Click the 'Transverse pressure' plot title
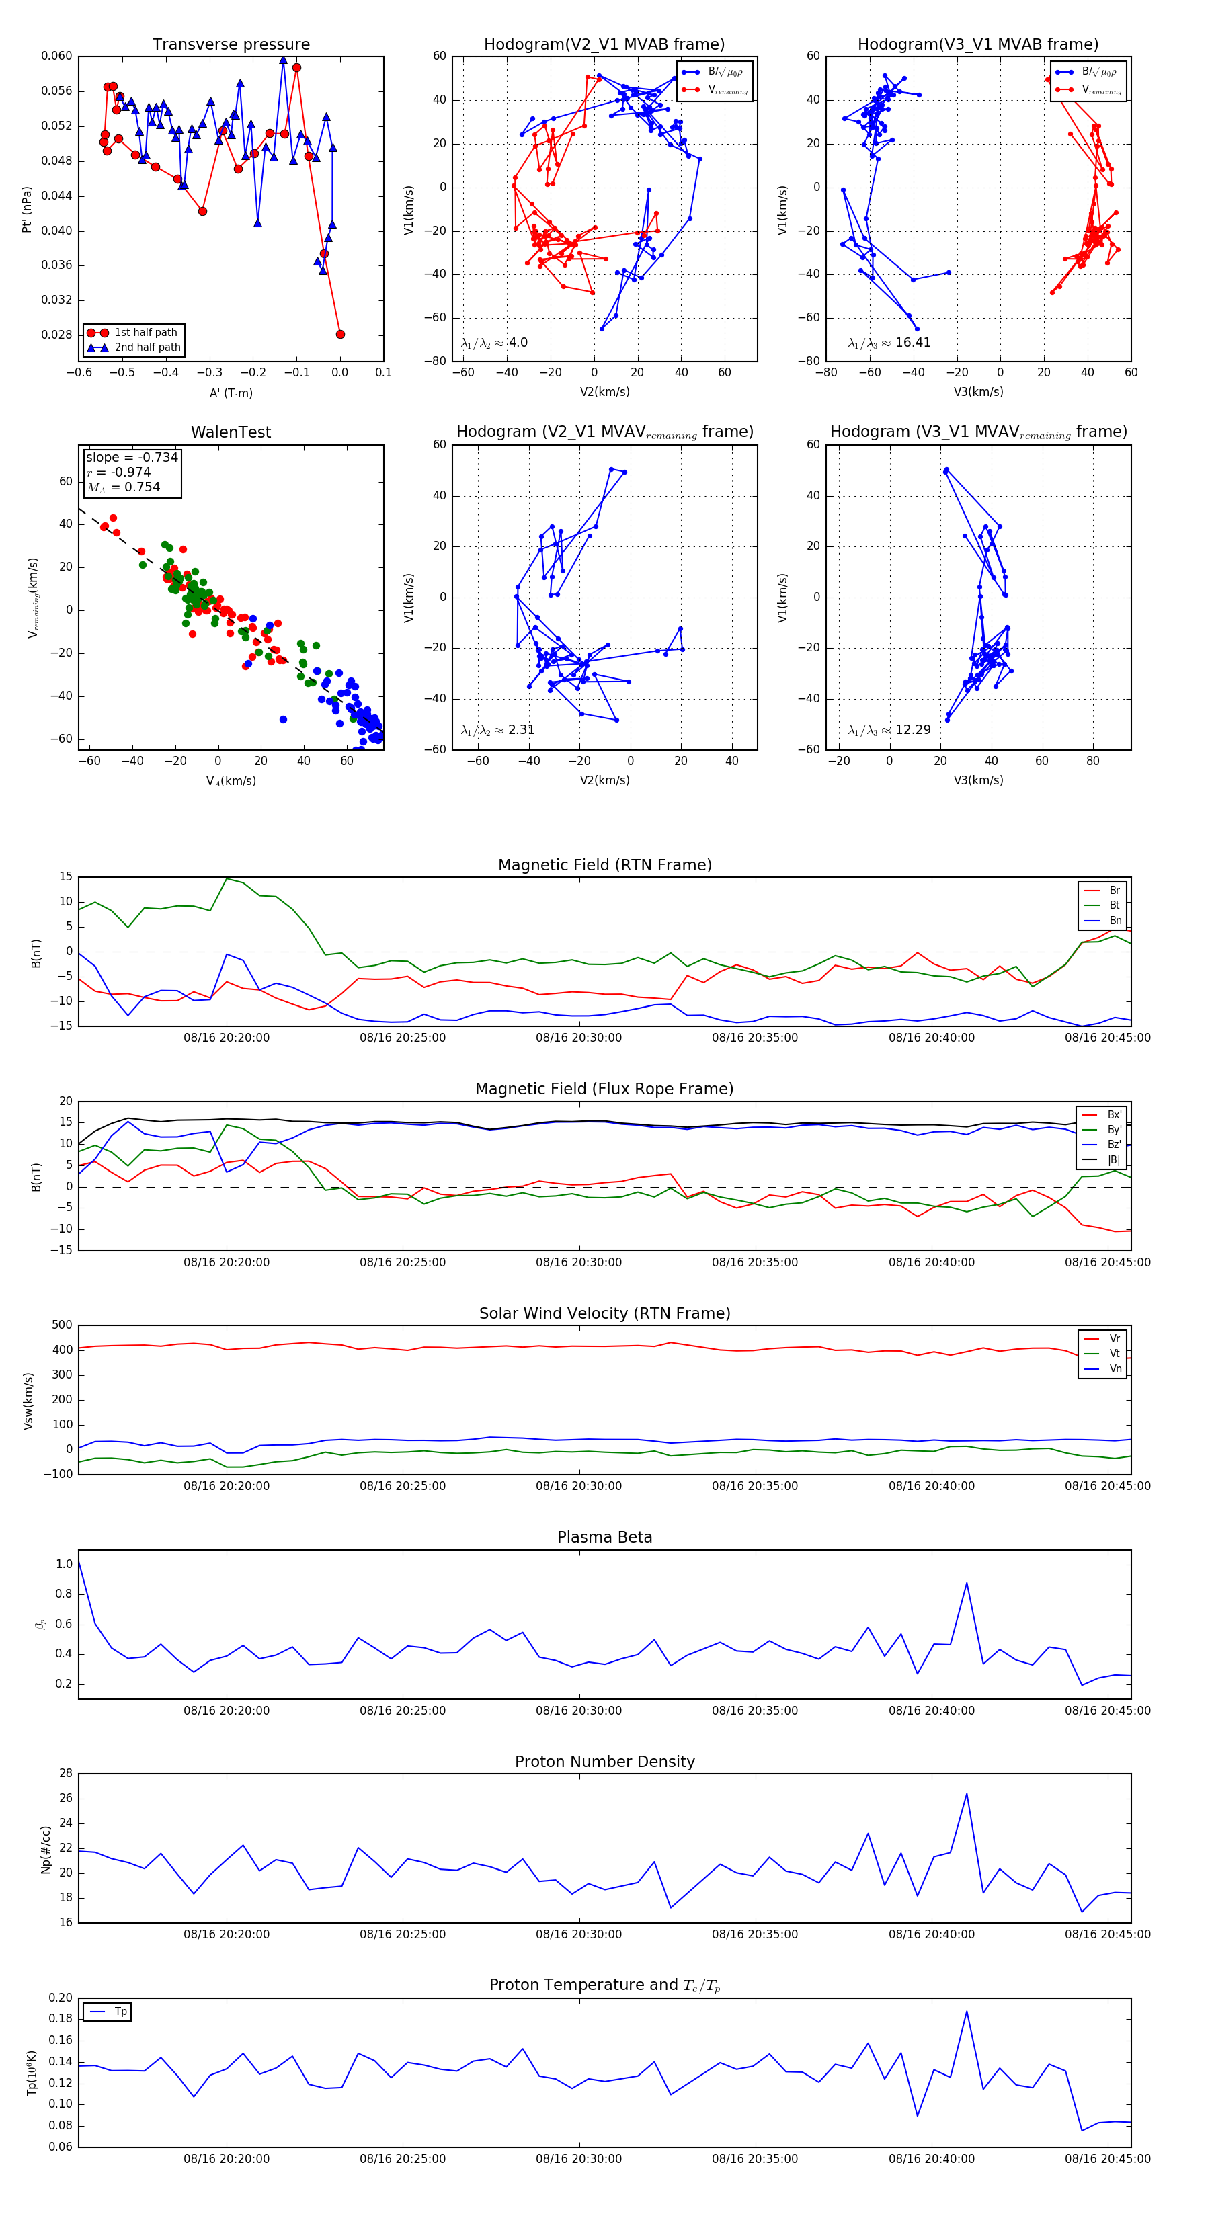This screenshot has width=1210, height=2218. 231,45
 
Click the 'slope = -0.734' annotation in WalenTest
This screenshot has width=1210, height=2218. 132,457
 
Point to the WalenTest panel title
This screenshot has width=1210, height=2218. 231,432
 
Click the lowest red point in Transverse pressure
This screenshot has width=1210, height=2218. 340,334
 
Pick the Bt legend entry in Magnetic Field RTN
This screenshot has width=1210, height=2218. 1114,905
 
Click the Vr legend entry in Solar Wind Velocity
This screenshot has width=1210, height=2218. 1115,1338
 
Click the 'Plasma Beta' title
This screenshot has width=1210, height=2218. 604,1537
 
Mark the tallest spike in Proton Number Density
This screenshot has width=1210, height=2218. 966,1793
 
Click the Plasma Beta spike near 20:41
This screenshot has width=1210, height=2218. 966,1583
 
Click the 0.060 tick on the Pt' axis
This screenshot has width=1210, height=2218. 57,56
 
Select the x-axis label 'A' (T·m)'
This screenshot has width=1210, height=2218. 231,393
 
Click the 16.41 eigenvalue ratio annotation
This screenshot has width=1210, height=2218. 913,343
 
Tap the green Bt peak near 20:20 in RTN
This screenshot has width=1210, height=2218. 227,878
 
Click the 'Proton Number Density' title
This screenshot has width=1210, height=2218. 604,1761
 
